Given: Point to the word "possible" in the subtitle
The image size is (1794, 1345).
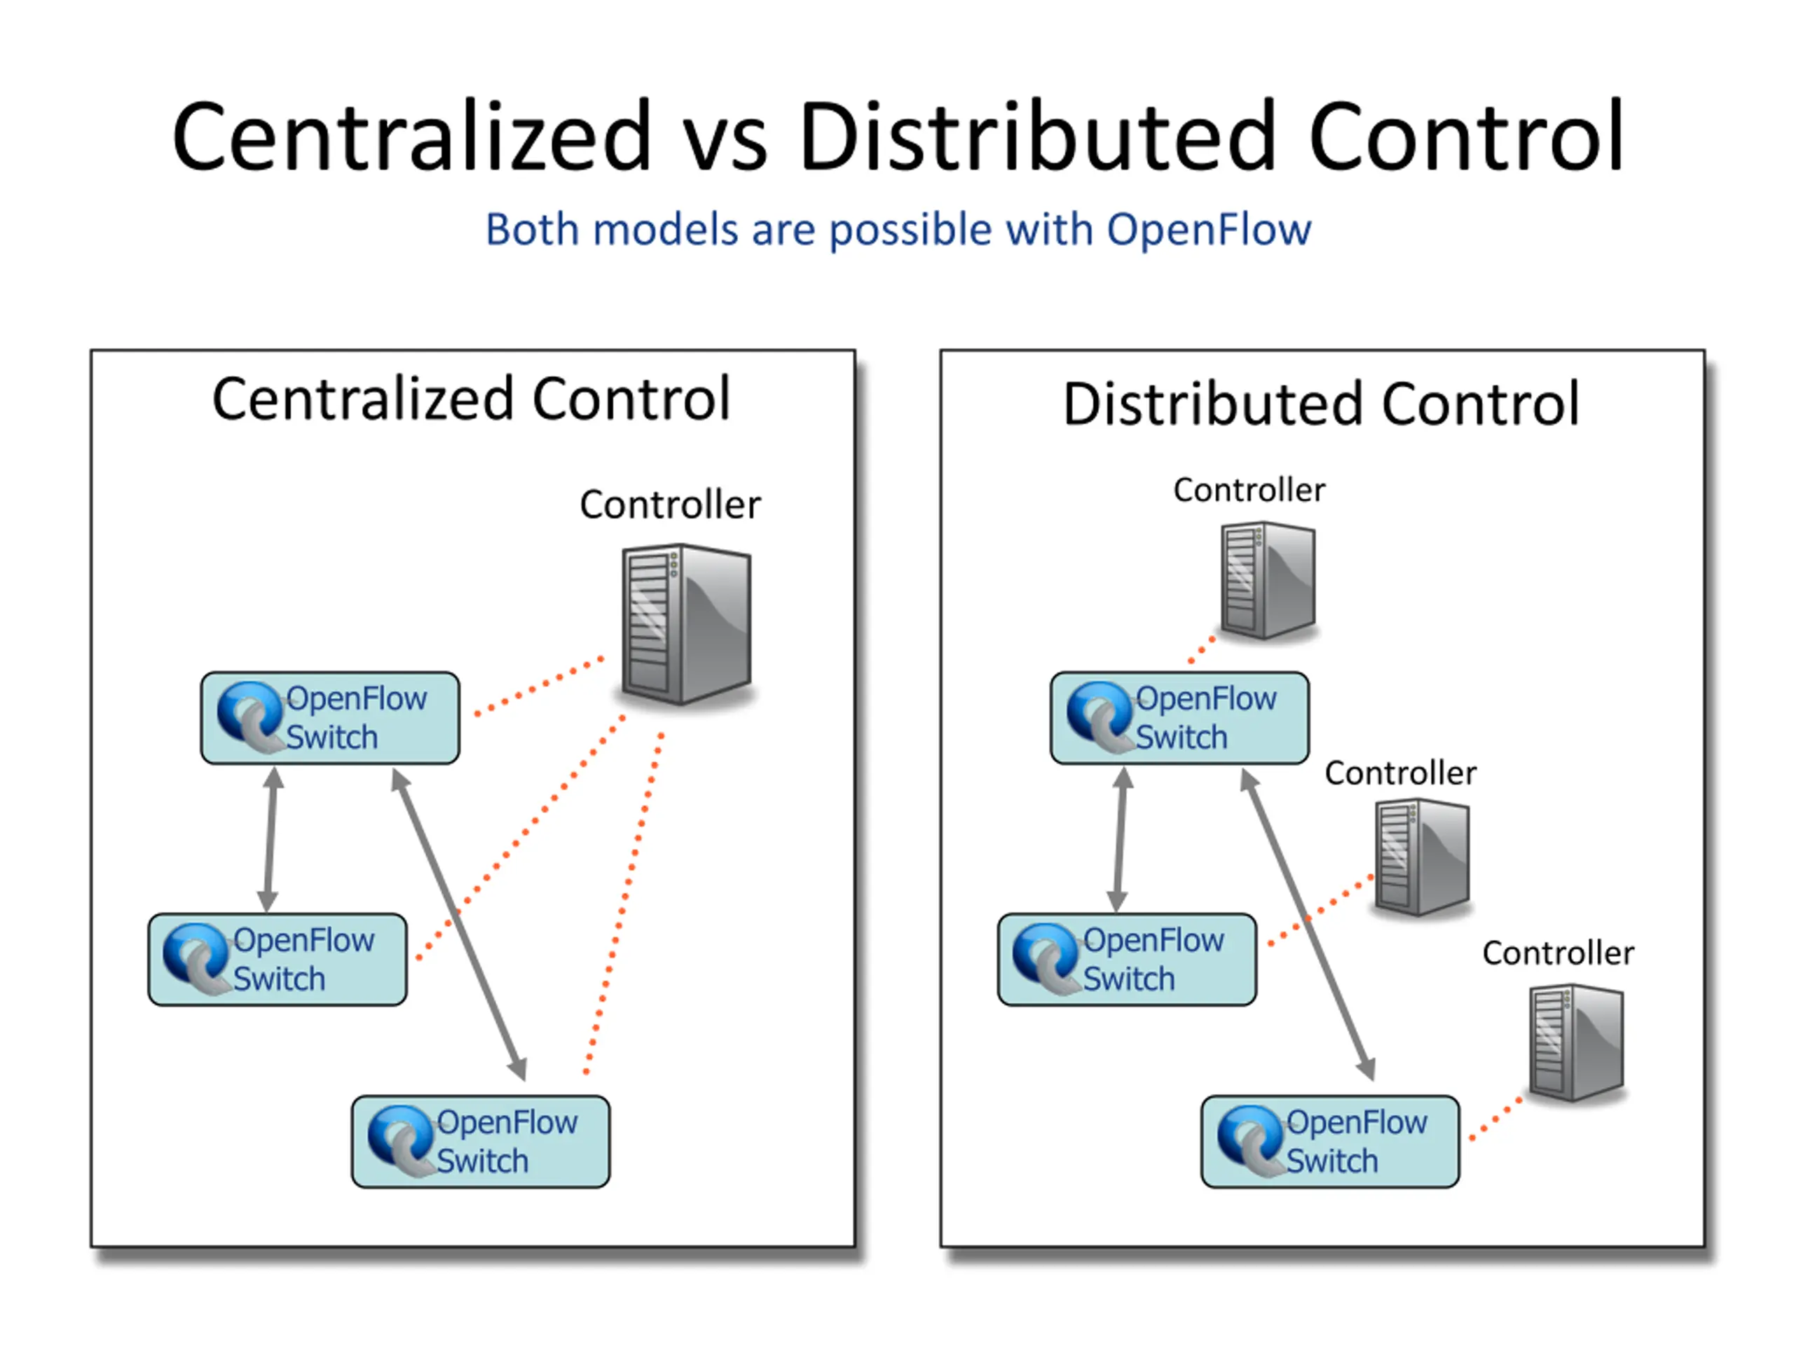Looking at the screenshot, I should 910,231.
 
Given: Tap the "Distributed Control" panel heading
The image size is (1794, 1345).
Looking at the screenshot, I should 1321,403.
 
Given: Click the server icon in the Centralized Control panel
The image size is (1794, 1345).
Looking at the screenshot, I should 687,624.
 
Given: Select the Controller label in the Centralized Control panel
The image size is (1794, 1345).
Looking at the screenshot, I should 670,505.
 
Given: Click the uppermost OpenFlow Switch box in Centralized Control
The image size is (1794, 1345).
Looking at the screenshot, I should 330,717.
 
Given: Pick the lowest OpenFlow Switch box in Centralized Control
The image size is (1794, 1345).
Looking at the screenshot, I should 481,1142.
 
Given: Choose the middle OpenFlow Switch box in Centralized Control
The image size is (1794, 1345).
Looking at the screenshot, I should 278,959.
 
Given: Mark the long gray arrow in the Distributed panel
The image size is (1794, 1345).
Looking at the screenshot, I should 1308,924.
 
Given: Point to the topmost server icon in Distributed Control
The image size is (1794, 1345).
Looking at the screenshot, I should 1268,581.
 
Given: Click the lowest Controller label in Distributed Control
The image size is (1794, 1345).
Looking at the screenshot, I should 1558,953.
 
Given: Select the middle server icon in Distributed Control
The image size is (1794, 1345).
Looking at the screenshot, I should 1423,857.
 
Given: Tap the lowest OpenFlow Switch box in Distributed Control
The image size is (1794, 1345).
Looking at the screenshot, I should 1330,1142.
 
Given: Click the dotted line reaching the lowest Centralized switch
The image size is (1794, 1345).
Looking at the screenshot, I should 624,904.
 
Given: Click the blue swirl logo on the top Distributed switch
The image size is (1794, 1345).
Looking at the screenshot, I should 1098,715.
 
